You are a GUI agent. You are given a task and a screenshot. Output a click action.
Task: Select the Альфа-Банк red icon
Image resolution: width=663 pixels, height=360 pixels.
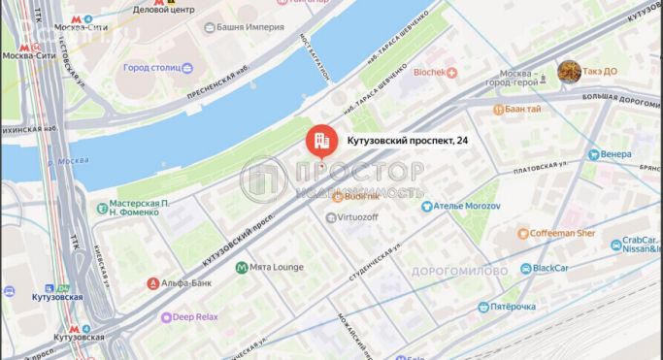click(x=152, y=283)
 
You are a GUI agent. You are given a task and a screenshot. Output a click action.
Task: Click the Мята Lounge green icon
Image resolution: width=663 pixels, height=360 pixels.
click(x=242, y=267)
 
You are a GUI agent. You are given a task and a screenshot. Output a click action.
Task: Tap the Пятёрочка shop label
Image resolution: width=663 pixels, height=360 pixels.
click(x=512, y=307)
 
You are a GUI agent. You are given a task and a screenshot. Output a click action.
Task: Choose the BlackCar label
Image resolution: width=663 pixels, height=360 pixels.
click(x=550, y=268)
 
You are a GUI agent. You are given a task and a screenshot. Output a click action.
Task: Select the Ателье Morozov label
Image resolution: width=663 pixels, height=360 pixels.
click(x=467, y=205)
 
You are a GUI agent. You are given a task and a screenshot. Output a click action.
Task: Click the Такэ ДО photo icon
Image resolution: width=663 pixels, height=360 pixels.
click(x=568, y=71)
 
